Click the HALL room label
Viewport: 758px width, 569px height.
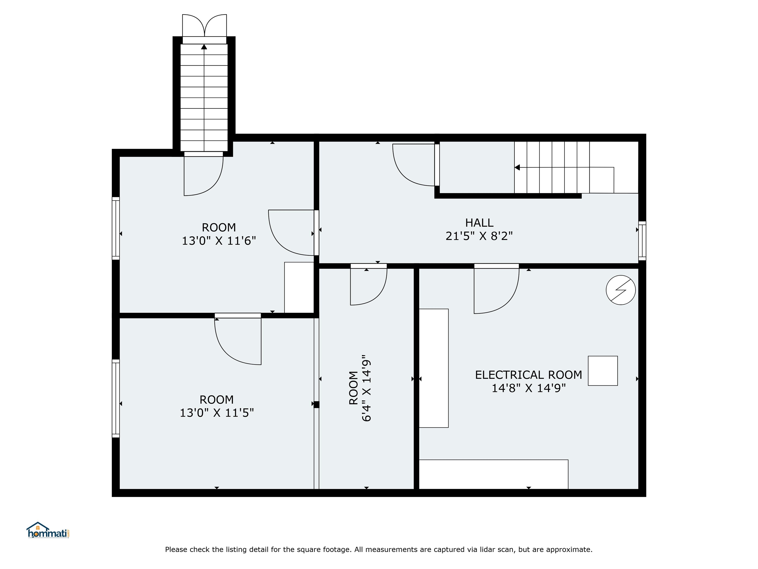(479, 223)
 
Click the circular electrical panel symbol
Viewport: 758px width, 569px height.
(621, 290)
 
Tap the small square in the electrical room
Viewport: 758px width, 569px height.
(603, 371)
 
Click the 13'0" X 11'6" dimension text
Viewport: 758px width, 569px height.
(219, 241)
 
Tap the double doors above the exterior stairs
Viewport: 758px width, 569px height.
(204, 26)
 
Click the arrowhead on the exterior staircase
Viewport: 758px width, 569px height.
(204, 47)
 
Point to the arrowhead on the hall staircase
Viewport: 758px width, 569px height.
(517, 167)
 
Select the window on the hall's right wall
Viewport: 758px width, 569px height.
(642, 241)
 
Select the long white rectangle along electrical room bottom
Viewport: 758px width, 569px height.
(493, 474)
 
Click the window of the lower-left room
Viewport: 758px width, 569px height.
(116, 399)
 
